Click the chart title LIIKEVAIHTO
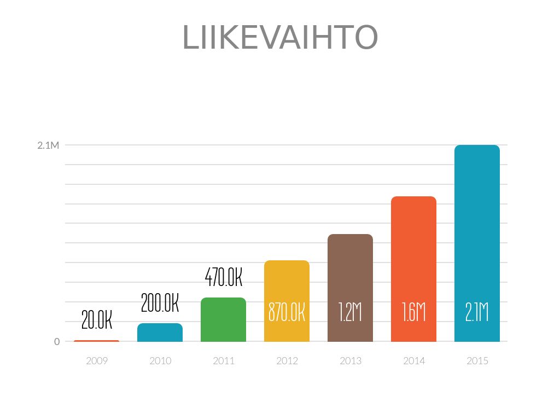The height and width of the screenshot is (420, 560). pos(280,37)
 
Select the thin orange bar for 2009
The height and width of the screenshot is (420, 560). pos(96,341)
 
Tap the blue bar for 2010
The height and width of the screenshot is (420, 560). pos(160,332)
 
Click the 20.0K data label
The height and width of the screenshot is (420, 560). pos(97,320)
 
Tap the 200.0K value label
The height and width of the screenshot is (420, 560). pos(160,303)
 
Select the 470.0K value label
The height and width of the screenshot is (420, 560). pos(223,277)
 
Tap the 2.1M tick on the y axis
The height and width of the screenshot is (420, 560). pos(48,145)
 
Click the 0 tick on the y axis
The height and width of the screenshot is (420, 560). pos(57,342)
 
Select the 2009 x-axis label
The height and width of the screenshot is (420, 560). pos(97,361)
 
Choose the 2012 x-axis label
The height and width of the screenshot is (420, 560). pos(287,361)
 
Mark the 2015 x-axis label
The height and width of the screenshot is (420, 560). pos(477,361)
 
